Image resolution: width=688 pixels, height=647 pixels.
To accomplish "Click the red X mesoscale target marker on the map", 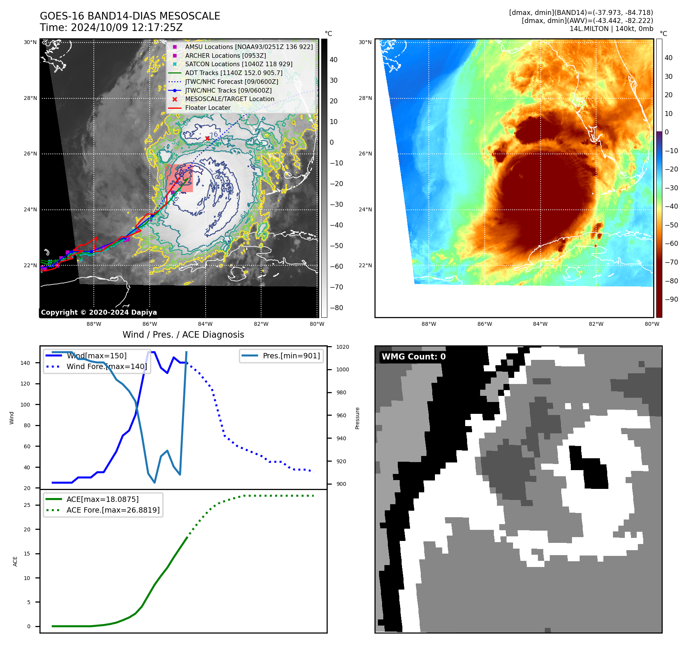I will tap(207, 138).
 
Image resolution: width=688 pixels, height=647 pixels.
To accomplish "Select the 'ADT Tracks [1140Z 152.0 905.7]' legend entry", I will tap(234, 73).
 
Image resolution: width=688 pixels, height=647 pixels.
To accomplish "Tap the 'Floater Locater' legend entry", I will tap(208, 108).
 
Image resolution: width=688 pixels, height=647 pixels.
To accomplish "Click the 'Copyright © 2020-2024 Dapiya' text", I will tap(99, 312).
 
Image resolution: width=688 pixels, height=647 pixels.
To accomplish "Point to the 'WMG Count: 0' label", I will tap(413, 357).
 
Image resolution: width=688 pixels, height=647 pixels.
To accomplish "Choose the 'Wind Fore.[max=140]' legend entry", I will tap(106, 366).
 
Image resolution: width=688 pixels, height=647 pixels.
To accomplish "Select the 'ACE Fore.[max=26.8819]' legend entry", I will tap(113, 510).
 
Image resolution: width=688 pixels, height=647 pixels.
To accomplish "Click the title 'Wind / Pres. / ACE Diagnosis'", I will tap(183, 335).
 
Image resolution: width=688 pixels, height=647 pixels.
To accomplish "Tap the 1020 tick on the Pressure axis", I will tap(343, 347).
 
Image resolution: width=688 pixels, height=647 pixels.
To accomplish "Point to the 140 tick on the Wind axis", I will tap(25, 363).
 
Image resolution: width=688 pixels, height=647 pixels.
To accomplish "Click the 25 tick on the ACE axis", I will tap(27, 505).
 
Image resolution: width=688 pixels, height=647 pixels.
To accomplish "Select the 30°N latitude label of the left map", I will tap(30, 42).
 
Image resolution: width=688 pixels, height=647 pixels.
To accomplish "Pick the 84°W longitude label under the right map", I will tap(540, 324).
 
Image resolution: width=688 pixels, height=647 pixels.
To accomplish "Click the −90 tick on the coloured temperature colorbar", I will tap(671, 299).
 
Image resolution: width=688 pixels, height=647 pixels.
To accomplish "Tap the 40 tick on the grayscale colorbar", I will tap(333, 60).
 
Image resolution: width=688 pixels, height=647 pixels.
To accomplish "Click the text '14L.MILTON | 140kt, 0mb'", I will tap(611, 29).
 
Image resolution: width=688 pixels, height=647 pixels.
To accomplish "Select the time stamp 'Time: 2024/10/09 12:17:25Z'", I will tap(111, 28).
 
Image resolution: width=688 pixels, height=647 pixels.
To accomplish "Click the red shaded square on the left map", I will tap(179, 178).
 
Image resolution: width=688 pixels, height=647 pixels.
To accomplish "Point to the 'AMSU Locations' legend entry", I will tap(249, 47).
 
